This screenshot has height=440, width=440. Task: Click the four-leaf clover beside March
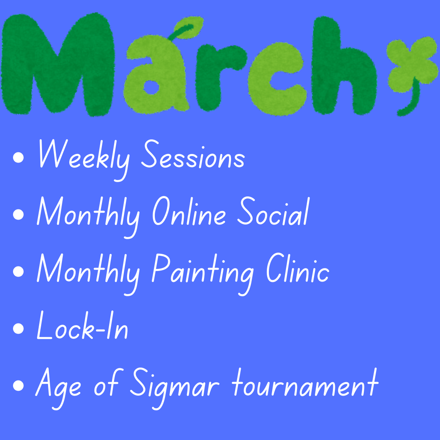pyautogui.click(x=411, y=64)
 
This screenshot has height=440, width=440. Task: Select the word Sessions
pyautogui.click(x=193, y=154)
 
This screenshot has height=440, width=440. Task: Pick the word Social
pyautogui.click(x=273, y=211)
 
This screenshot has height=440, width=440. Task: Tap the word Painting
pyautogui.click(x=203, y=274)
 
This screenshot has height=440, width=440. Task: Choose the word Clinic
pyautogui.click(x=297, y=268)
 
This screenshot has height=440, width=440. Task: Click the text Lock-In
pyautogui.click(x=82, y=325)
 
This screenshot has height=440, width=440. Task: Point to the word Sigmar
pyautogui.click(x=174, y=388)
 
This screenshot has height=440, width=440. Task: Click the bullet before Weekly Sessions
pyautogui.click(x=18, y=157)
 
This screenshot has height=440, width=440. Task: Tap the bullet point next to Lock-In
pyautogui.click(x=18, y=329)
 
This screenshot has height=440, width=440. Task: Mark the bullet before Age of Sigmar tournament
pyautogui.click(x=18, y=385)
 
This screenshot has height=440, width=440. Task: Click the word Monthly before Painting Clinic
pyautogui.click(x=88, y=274)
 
